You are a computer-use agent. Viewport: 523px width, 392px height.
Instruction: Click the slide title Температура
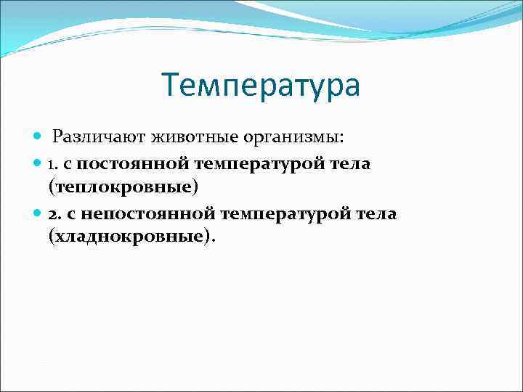click(261, 86)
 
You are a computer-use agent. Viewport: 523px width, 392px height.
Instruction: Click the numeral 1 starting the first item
click(52, 164)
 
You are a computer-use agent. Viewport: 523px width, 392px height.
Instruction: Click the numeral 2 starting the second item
click(52, 214)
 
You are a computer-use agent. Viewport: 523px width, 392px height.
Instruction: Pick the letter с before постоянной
click(68, 165)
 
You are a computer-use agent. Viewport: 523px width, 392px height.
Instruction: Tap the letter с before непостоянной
click(69, 215)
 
